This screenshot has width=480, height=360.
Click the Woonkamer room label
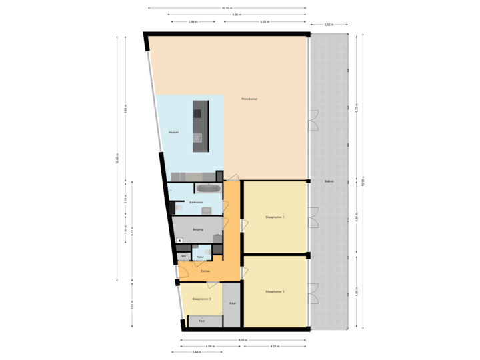(249, 99)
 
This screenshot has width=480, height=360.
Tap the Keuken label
(173, 133)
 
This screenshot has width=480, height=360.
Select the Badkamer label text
(196, 202)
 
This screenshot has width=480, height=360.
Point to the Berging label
(197, 229)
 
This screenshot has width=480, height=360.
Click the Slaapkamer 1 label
(275, 217)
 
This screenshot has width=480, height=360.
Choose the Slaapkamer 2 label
(275, 291)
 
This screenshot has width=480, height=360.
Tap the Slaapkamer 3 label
(201, 299)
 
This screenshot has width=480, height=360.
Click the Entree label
(206, 271)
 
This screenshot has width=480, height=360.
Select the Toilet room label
(200, 256)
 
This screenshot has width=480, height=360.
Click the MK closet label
(183, 256)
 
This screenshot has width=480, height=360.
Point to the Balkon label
(329, 181)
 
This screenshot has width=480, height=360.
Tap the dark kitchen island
(197, 126)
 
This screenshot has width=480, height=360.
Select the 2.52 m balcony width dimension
(328, 25)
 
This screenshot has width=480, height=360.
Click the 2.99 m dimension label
(193, 21)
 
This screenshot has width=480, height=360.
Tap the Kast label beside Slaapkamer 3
(232, 303)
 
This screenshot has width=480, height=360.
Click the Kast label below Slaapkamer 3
(201, 321)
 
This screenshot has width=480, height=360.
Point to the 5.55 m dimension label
(265, 21)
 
